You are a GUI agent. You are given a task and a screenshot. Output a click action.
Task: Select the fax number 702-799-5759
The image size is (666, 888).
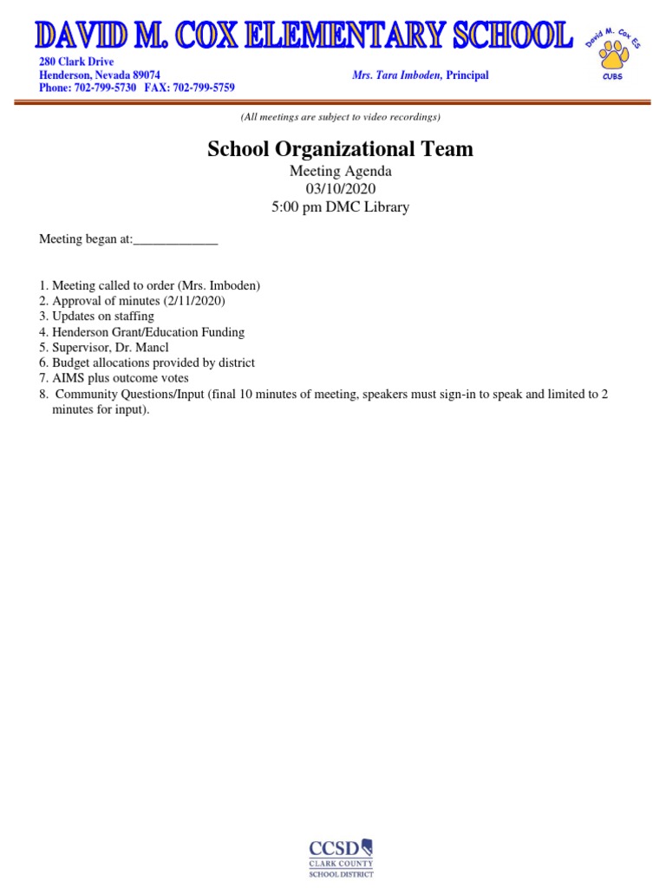[202, 88]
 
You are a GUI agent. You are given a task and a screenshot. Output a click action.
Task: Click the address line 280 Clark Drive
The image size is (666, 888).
[76, 62]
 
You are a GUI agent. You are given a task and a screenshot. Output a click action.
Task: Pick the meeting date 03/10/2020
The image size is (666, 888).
[340, 189]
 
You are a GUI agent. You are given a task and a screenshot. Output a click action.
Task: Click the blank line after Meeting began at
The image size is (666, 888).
[175, 240]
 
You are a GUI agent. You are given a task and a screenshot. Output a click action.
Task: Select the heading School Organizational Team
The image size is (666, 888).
[340, 149]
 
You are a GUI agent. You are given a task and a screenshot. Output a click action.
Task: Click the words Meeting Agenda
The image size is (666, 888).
[340, 172]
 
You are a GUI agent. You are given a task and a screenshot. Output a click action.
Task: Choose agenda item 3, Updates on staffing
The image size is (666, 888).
[102, 317]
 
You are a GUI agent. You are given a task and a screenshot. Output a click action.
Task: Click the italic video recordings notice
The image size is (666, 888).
[340, 117]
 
